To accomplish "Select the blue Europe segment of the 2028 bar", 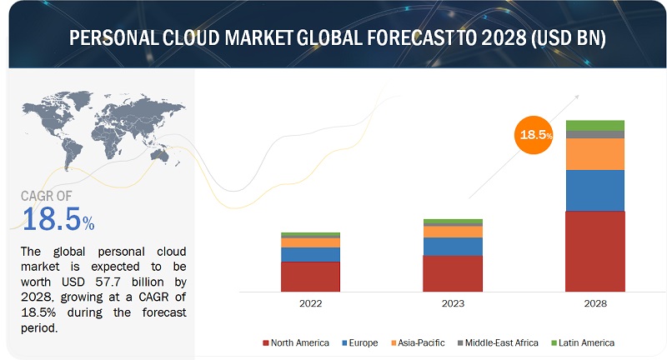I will click(x=594, y=191).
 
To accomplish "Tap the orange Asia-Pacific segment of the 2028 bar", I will click(x=594, y=154).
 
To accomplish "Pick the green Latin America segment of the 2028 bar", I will click(x=594, y=125).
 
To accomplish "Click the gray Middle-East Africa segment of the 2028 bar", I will click(x=594, y=134).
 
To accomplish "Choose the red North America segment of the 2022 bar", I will click(x=310, y=275).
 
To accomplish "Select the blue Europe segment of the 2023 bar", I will click(x=452, y=246).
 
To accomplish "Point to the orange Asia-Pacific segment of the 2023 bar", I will click(x=452, y=232).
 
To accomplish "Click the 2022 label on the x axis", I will click(x=310, y=304).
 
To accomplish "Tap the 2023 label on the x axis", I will click(x=452, y=304).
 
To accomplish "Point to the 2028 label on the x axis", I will click(x=594, y=304).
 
